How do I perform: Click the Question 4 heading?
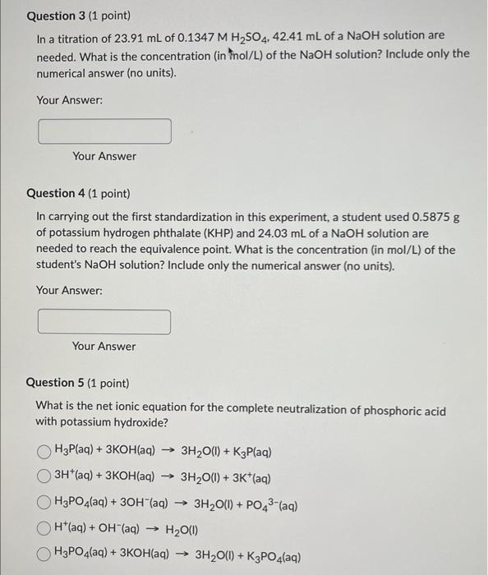point(78,193)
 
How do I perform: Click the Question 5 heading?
point(78,383)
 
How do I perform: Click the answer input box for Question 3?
point(104,131)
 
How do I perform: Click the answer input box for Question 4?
point(104,321)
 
